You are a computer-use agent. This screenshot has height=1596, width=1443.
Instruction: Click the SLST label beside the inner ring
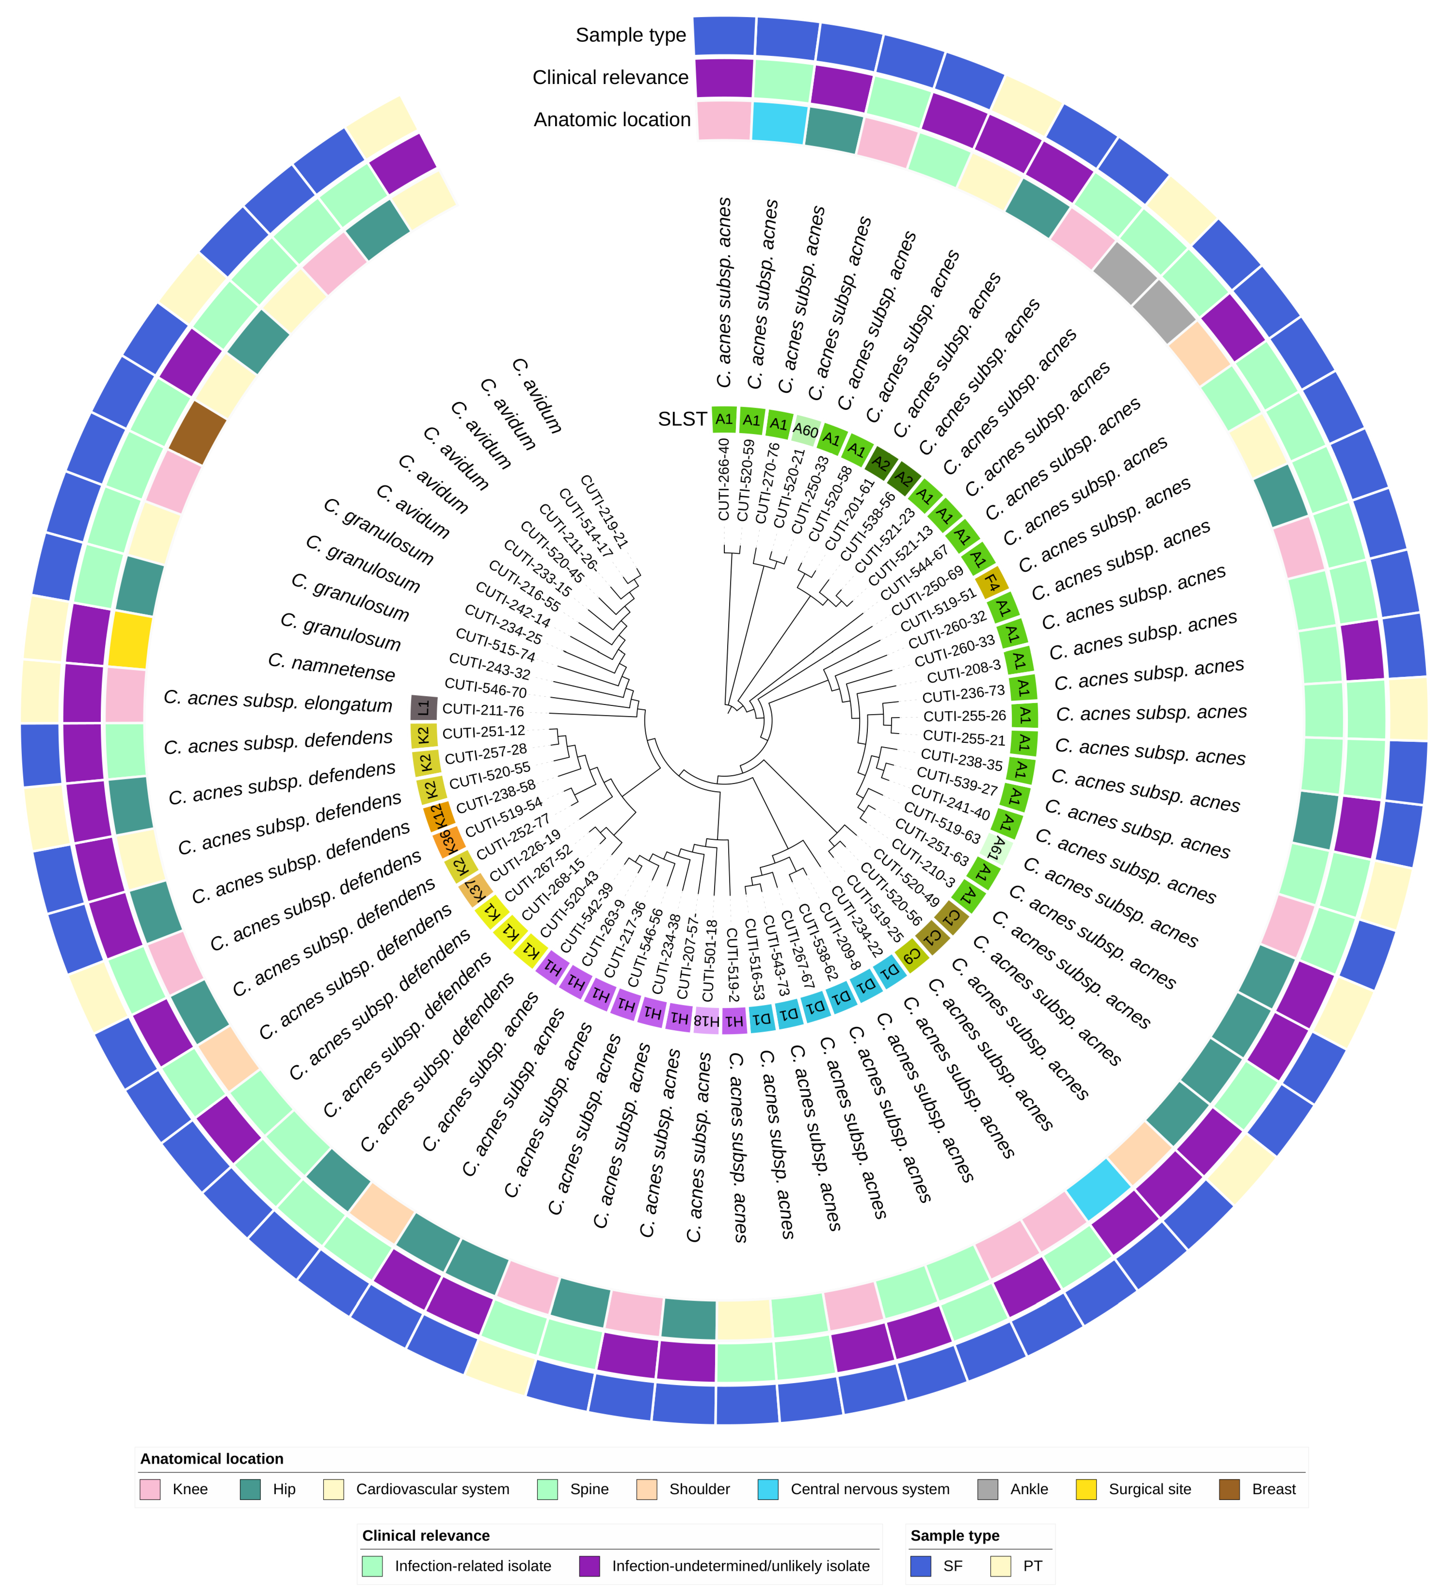pos(682,419)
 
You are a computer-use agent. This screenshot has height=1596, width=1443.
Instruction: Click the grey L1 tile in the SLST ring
pos(424,707)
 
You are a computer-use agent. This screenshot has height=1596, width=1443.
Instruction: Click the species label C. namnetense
pos(331,666)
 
